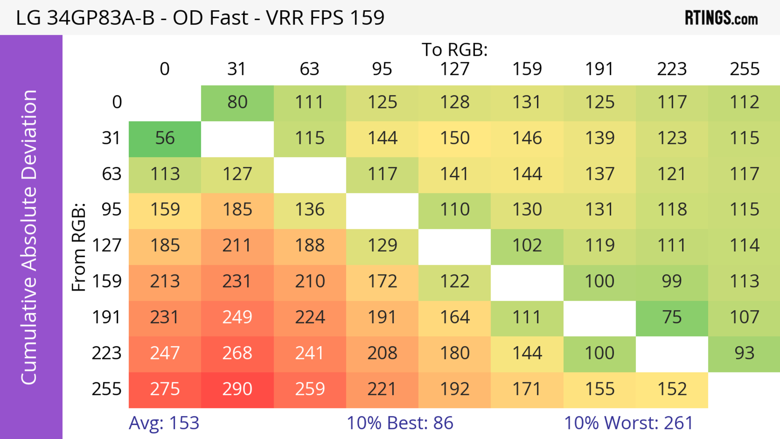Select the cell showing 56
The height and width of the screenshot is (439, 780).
tap(165, 138)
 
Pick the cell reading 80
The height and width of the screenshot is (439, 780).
tap(237, 102)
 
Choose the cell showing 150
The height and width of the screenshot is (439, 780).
tap(455, 138)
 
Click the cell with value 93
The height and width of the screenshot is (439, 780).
tap(744, 353)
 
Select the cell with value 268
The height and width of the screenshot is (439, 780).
tap(237, 353)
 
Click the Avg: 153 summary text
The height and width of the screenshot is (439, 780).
tap(164, 423)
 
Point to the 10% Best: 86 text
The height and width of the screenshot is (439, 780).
tap(400, 423)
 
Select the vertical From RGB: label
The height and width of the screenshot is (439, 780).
tap(79, 247)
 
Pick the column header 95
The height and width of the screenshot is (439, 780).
tap(382, 69)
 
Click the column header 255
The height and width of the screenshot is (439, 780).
tap(744, 69)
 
